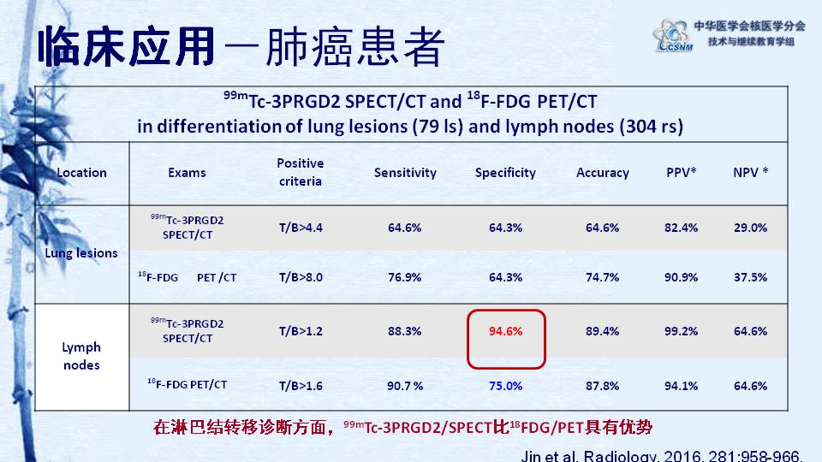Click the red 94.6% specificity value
505,331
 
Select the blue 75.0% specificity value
505,386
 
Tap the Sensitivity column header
405,173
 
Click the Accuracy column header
602,173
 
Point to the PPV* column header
681,172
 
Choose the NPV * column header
751,172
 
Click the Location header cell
82,173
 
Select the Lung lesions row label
81,253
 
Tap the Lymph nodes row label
81,356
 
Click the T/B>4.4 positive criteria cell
301,228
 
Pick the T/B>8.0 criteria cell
301,277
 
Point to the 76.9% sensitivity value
405,277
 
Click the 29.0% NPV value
751,228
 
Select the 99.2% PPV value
681,331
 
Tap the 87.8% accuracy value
602,386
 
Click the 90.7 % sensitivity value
405,386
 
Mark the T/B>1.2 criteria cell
301,331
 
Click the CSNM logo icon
673,35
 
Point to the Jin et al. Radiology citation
662,455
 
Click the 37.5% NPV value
751,277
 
